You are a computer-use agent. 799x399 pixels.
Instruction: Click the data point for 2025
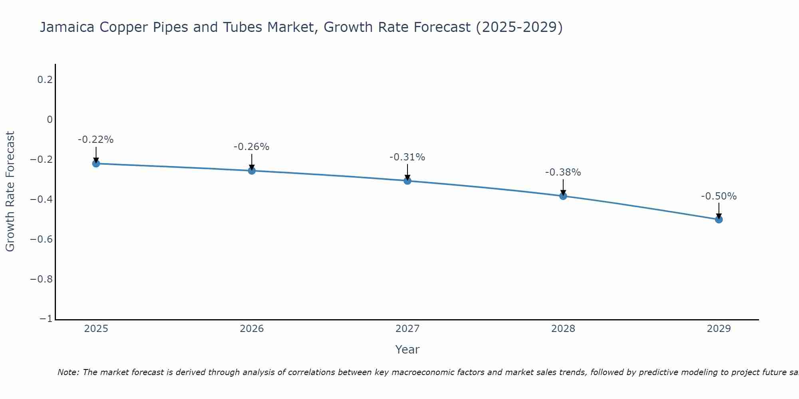pos(96,163)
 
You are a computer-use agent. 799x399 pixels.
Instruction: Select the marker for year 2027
pos(407,181)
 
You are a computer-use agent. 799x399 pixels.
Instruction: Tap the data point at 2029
pos(719,219)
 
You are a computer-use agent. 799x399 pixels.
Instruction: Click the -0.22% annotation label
pos(95,140)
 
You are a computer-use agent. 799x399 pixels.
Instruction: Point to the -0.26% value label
pos(251,147)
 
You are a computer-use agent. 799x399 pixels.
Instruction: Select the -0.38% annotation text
pos(563,172)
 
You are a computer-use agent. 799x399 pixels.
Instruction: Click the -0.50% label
pos(719,196)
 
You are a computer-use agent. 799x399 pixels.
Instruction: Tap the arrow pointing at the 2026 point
pos(252,162)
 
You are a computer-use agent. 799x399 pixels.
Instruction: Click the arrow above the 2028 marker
pos(563,187)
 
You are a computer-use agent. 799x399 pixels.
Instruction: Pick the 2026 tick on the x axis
pos(252,329)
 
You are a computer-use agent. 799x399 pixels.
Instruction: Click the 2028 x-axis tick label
pos(563,329)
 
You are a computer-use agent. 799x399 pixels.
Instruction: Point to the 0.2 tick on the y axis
pos(45,80)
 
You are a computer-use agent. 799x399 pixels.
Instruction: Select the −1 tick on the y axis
pos(46,319)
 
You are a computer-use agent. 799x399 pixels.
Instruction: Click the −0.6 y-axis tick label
pos(41,239)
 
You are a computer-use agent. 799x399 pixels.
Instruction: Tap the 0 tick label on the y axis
pos(50,120)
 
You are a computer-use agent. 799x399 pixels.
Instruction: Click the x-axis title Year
pos(407,350)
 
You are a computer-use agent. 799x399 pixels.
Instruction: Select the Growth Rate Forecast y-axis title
pos(10,192)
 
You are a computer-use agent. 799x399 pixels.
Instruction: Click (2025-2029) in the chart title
pos(519,27)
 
